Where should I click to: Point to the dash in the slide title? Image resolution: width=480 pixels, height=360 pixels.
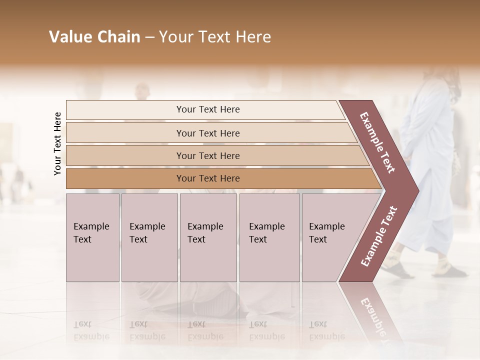[x=149, y=37]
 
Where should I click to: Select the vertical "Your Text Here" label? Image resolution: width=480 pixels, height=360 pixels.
[x=57, y=143]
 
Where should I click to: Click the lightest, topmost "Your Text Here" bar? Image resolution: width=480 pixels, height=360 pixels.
[x=207, y=109]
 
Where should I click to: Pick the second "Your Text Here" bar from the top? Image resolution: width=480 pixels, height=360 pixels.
[x=207, y=133]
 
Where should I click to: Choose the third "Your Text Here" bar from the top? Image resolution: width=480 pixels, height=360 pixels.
[x=207, y=155]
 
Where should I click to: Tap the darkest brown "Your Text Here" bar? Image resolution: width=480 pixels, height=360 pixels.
[x=207, y=178]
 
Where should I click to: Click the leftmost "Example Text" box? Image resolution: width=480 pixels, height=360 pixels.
[x=92, y=237]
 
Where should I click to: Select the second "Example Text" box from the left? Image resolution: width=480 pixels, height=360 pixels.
[x=149, y=237]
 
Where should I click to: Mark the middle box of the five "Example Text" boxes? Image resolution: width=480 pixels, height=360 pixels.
[x=207, y=237]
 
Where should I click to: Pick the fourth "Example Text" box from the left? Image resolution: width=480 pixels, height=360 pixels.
[x=269, y=237]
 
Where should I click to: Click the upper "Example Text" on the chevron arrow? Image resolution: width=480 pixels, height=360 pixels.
[x=377, y=142]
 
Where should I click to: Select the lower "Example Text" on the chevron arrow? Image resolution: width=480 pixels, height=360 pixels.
[x=379, y=236]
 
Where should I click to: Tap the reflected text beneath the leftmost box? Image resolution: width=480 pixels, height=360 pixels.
[x=91, y=330]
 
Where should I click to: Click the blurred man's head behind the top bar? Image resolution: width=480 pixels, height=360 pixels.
[x=142, y=91]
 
